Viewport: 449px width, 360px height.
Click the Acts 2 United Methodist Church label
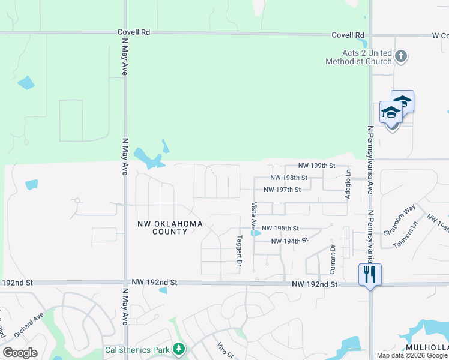(x=358, y=57)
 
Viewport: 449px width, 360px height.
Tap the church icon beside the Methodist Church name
(x=402, y=58)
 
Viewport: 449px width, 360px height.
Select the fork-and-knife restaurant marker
(x=370, y=275)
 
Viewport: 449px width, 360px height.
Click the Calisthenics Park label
(x=137, y=349)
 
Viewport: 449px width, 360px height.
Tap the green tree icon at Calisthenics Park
(x=178, y=349)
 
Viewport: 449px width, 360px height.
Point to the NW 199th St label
(x=316, y=166)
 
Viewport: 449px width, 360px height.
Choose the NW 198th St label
(x=289, y=178)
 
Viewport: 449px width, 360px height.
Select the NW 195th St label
(x=281, y=229)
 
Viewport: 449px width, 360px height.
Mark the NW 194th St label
(x=289, y=241)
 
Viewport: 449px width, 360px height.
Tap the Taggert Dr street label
(x=239, y=250)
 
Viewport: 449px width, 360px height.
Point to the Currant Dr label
(x=332, y=256)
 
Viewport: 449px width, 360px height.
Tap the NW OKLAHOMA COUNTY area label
(x=170, y=227)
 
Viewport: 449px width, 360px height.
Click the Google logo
(x=20, y=353)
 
